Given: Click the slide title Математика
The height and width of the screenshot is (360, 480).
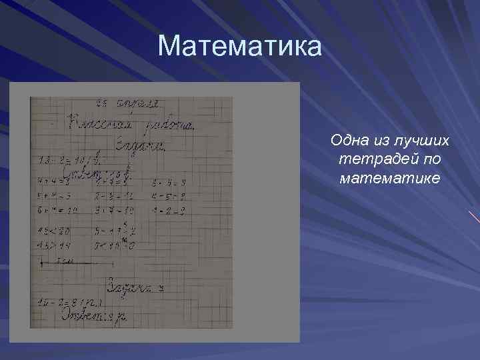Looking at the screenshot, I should pos(239,47).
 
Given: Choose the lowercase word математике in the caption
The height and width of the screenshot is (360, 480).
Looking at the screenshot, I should pos(390,178).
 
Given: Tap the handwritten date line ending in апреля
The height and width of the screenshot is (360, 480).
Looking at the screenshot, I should pos(127,103).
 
